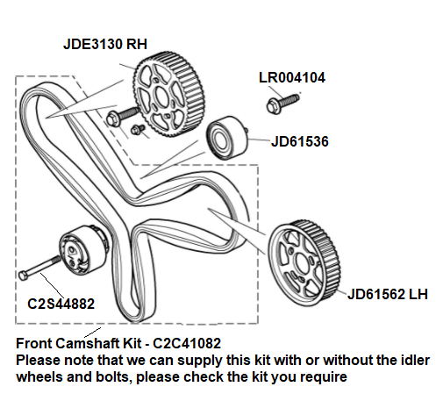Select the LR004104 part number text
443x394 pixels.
point(292,78)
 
